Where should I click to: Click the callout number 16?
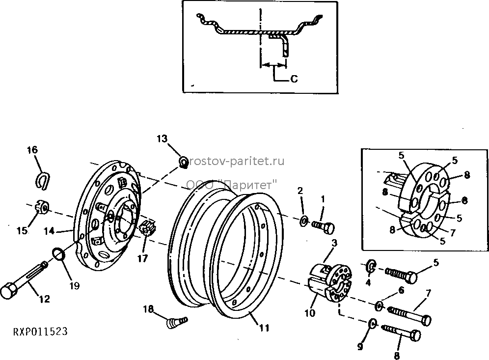click(32, 150)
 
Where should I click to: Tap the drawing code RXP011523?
click(40, 332)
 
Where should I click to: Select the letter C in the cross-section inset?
click(294, 79)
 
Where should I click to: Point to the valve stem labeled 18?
click(177, 322)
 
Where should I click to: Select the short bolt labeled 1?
click(323, 227)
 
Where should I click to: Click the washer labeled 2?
click(304, 221)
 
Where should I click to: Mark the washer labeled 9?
click(372, 324)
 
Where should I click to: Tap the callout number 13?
click(162, 138)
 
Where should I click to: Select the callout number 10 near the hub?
click(310, 312)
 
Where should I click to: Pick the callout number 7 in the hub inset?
click(453, 232)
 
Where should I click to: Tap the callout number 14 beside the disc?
click(49, 231)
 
